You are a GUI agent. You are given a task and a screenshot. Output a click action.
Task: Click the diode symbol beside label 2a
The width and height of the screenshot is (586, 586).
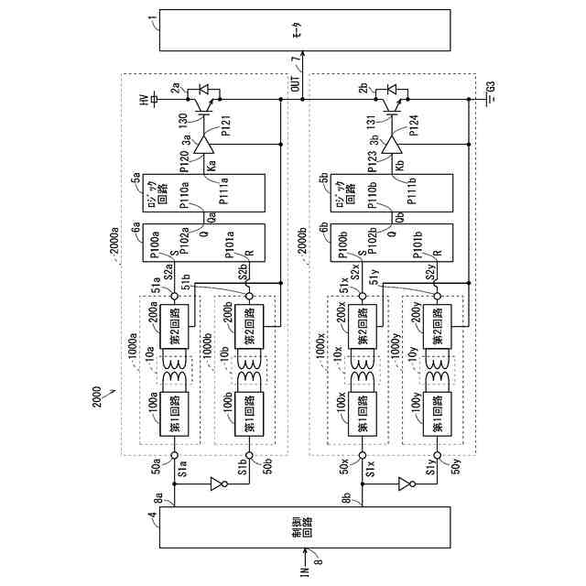[202, 91]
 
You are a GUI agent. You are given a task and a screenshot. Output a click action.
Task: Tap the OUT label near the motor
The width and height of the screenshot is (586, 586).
[295, 83]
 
